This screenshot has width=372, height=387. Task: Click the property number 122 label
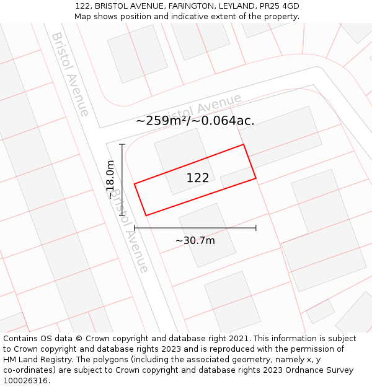tap(198, 178)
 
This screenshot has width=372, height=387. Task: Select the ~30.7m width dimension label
tap(195, 240)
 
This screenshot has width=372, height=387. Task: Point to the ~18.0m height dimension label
tap(110, 179)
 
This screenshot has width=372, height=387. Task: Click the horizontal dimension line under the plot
tap(195, 228)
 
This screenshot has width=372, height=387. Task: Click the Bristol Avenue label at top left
tap(71, 74)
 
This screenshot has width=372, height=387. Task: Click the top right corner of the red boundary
tap(243, 145)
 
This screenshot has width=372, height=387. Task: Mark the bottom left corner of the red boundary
tap(146, 215)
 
